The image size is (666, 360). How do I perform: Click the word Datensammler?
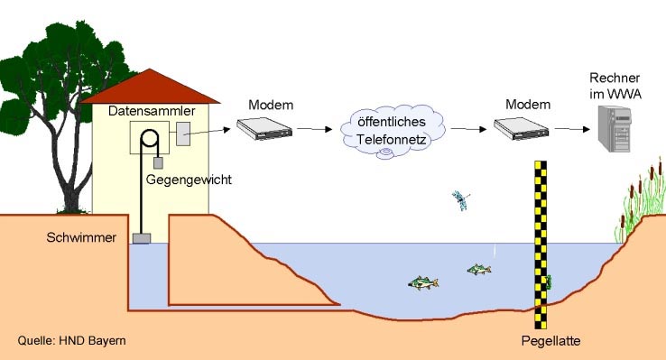(x=145, y=111)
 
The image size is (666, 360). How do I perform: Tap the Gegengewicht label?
(x=190, y=180)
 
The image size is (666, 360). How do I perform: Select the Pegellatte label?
(x=550, y=341)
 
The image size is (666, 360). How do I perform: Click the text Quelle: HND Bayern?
(x=72, y=341)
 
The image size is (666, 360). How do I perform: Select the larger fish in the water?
(x=423, y=283)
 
